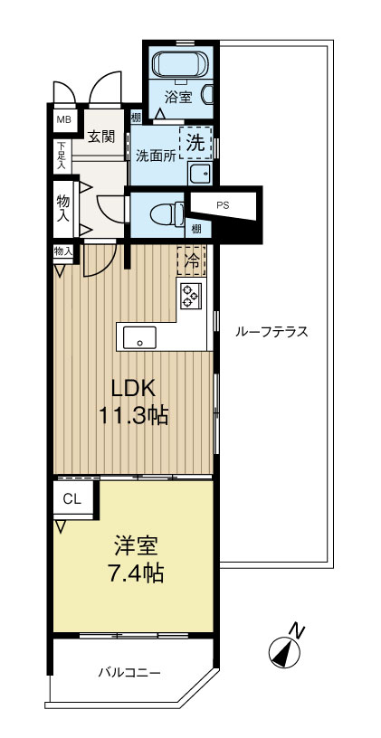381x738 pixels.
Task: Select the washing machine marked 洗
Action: tap(195, 142)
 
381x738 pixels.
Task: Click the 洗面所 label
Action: tap(155, 155)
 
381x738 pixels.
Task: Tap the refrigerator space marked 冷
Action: tap(192, 260)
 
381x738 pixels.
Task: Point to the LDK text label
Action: tap(133, 390)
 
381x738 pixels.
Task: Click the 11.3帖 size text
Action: tap(134, 418)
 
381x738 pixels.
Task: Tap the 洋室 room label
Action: tap(137, 545)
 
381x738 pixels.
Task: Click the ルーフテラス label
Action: tap(271, 332)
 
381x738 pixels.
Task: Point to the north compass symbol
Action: tap(287, 648)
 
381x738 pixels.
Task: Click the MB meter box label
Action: tap(64, 118)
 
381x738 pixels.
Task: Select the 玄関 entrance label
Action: tap(100, 137)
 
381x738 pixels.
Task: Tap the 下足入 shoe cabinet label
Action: tap(62, 156)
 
